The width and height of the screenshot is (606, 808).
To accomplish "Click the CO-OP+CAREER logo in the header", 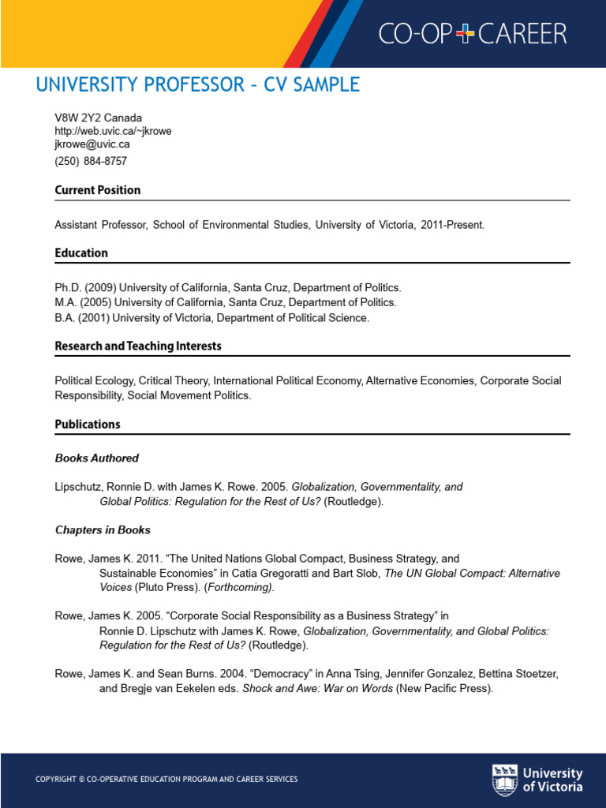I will click(472, 33).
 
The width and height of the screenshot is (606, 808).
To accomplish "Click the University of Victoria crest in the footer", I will click(505, 779).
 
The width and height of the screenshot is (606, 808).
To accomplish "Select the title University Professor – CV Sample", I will click(197, 85).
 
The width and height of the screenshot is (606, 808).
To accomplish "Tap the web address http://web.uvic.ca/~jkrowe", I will click(113, 131).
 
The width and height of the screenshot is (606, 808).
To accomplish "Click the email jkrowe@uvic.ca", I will click(92, 144).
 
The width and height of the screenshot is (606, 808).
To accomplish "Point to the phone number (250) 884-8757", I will click(91, 161).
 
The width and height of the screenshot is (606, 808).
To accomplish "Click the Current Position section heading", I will click(98, 190).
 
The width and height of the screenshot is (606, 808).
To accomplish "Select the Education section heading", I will click(81, 253).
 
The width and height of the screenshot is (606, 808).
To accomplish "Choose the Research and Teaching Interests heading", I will click(138, 346).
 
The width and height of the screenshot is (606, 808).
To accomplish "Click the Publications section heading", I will click(88, 425).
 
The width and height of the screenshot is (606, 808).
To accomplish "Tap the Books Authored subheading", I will click(97, 458).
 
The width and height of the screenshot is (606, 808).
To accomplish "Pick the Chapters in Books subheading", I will click(103, 529).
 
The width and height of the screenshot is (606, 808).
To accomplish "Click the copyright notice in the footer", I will click(166, 780).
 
